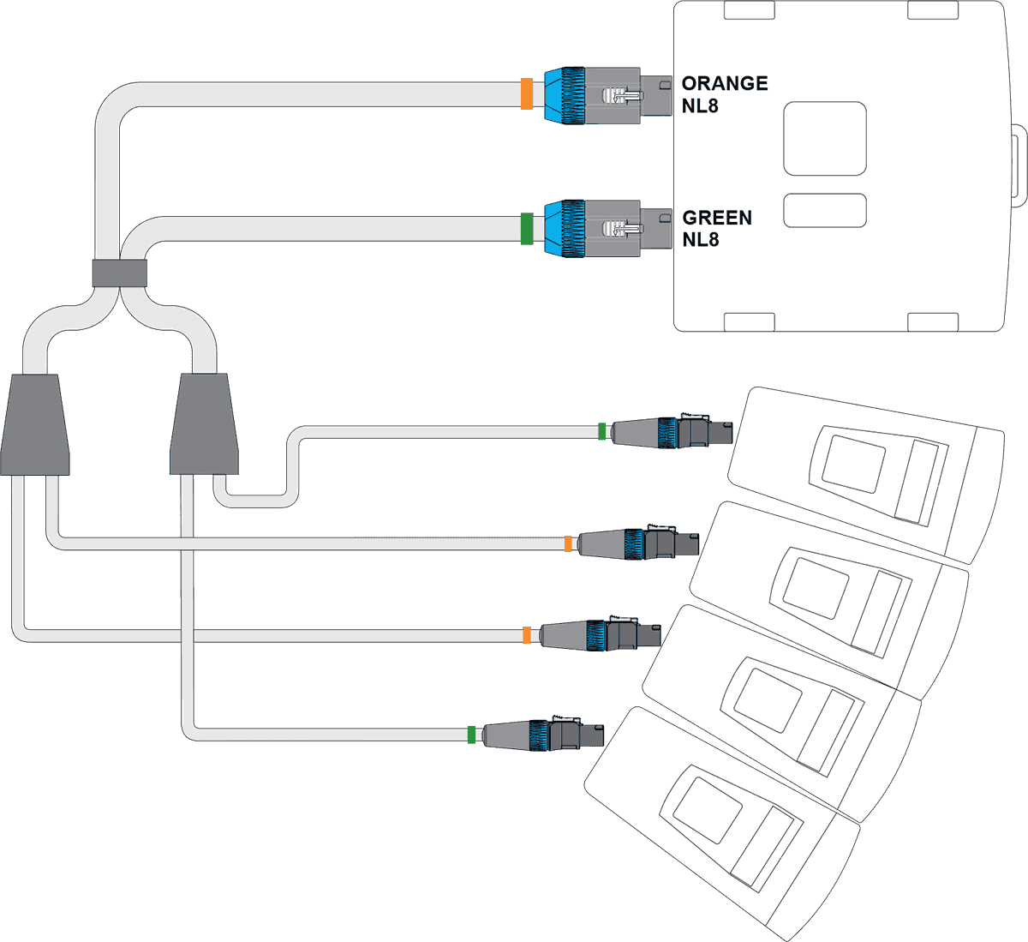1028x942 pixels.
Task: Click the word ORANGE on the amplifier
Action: tap(724, 83)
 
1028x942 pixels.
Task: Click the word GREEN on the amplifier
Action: tap(717, 218)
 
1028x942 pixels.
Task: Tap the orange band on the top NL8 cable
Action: tap(527, 94)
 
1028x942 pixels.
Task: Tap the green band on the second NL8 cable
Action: tap(527, 229)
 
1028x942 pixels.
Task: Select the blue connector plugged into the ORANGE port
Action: tap(565, 94)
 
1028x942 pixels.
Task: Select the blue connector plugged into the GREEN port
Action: tap(565, 229)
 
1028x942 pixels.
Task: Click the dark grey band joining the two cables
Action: tap(119, 273)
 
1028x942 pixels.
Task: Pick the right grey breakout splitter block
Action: tap(205, 424)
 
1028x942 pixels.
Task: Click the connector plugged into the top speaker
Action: tap(668, 432)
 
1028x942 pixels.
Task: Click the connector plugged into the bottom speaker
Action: tap(540, 735)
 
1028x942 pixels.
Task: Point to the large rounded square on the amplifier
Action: tap(825, 139)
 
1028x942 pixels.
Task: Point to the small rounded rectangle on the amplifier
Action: tap(825, 211)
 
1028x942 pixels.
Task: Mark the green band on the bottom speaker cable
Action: tap(471, 735)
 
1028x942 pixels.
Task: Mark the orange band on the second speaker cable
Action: tap(567, 543)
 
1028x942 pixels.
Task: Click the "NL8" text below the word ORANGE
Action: tap(700, 106)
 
